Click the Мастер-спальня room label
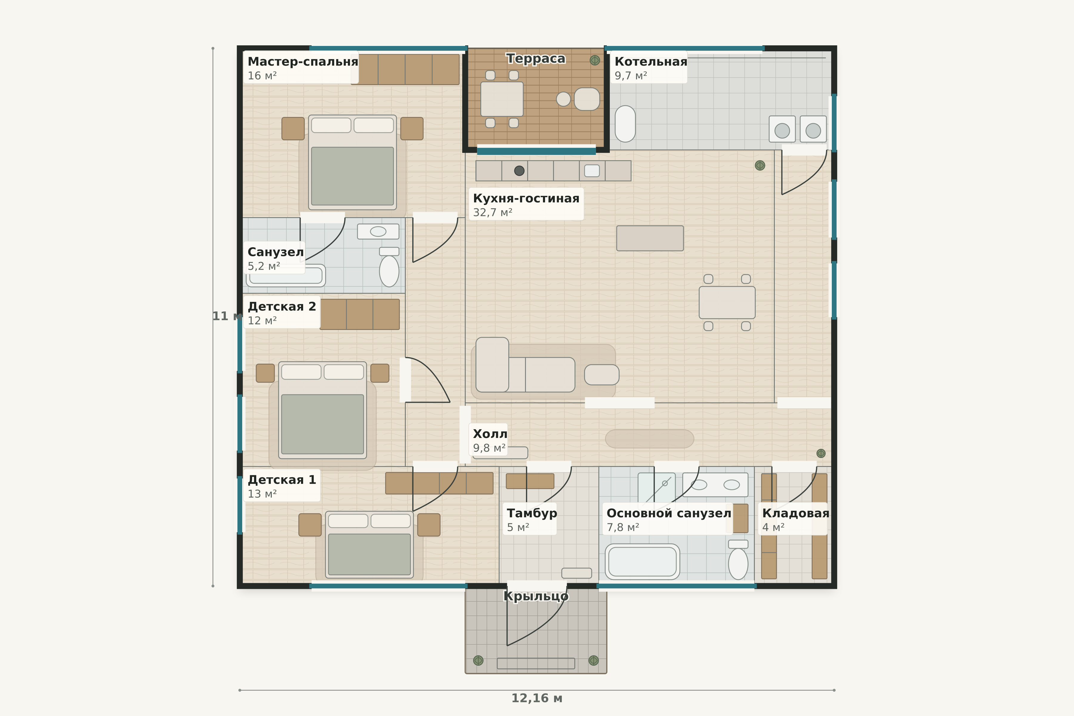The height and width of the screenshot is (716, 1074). [x=303, y=62]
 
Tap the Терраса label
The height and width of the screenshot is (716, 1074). [x=536, y=58]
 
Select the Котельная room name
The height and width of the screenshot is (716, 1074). [x=651, y=62]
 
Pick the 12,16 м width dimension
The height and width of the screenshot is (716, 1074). [x=536, y=698]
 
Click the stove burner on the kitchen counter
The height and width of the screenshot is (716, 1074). [x=519, y=171]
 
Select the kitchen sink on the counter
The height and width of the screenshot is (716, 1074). [x=592, y=171]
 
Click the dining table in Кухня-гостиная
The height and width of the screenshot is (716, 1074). [x=727, y=302]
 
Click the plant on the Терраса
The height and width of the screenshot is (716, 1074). [x=595, y=60]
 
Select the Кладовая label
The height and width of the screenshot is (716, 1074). [x=795, y=513]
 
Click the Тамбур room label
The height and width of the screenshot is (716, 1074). [x=532, y=513]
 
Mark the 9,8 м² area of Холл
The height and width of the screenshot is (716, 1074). [x=489, y=448]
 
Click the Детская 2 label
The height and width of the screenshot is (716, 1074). [x=282, y=306]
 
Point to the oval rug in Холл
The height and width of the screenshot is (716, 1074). [x=649, y=439]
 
